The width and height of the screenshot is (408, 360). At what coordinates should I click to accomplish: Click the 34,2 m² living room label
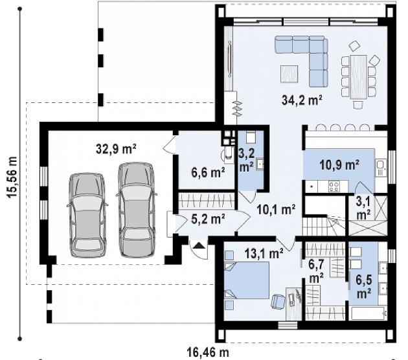click(302, 100)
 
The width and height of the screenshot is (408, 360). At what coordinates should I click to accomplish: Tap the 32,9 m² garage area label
click(116, 148)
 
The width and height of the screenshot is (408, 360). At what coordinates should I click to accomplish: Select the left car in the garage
click(87, 215)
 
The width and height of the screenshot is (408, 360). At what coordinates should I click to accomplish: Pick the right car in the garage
click(136, 210)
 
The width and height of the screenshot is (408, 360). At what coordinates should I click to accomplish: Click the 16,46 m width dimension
click(208, 352)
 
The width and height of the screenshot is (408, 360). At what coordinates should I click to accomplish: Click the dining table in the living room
click(358, 77)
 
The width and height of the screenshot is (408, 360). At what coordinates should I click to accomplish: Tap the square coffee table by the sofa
click(289, 74)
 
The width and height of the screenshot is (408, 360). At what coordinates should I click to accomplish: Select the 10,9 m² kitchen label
click(339, 164)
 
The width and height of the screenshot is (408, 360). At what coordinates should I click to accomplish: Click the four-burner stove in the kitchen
click(334, 186)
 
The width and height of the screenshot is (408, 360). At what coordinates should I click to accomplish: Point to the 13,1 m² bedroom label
click(264, 253)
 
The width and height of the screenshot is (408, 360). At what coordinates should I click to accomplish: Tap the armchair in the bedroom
click(278, 302)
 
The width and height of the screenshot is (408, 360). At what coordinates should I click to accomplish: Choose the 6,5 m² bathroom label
click(364, 286)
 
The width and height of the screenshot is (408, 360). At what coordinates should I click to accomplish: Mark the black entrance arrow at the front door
click(199, 245)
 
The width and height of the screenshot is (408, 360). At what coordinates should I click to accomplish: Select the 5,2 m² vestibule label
click(208, 219)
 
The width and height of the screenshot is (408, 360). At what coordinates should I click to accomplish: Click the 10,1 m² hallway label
click(276, 209)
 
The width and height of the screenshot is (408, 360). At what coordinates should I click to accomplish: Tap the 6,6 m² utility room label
click(208, 172)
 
